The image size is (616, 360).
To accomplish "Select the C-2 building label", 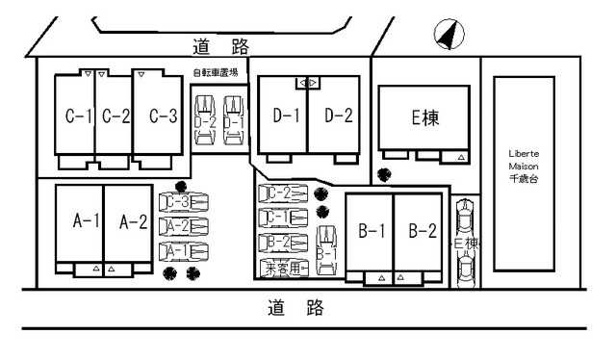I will tap(115, 116).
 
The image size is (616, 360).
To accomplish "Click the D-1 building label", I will tap(287, 116).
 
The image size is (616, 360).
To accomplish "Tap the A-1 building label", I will tap(88, 221).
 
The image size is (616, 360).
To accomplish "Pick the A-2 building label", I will tap(132, 221).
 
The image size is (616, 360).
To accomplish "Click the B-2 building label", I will tap(423, 231).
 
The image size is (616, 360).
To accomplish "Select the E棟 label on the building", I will tap(424, 118).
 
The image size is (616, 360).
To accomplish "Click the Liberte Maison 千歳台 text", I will tap(524, 165).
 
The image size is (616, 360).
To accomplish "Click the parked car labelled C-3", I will tap(184, 202).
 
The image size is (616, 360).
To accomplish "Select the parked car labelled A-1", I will tap(184, 251).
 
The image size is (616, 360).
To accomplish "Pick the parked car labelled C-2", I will tap(284, 193).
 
